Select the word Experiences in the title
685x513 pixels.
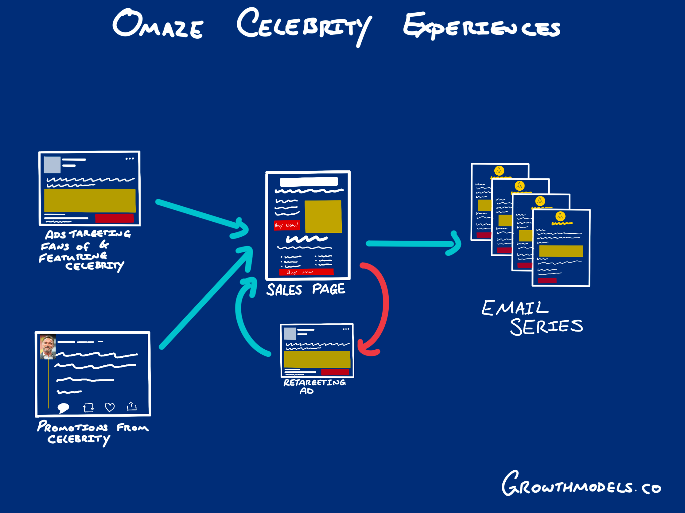coord(482,27)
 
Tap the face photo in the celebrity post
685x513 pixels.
coord(48,347)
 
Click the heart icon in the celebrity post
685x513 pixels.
coord(110,407)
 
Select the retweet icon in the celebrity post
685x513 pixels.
coord(88,407)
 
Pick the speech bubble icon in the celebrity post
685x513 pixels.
coord(63,408)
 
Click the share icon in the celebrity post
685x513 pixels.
coord(132,406)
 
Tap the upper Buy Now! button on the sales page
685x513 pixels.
coord(287,225)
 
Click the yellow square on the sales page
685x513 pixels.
coord(323,216)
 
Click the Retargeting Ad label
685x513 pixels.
coord(314,386)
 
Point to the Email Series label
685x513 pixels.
coord(532,317)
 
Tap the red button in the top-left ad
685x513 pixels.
coord(114,218)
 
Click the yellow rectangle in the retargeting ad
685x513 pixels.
coord(317,359)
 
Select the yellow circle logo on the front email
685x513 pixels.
coord(560,216)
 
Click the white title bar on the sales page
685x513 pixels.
coord(309,182)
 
